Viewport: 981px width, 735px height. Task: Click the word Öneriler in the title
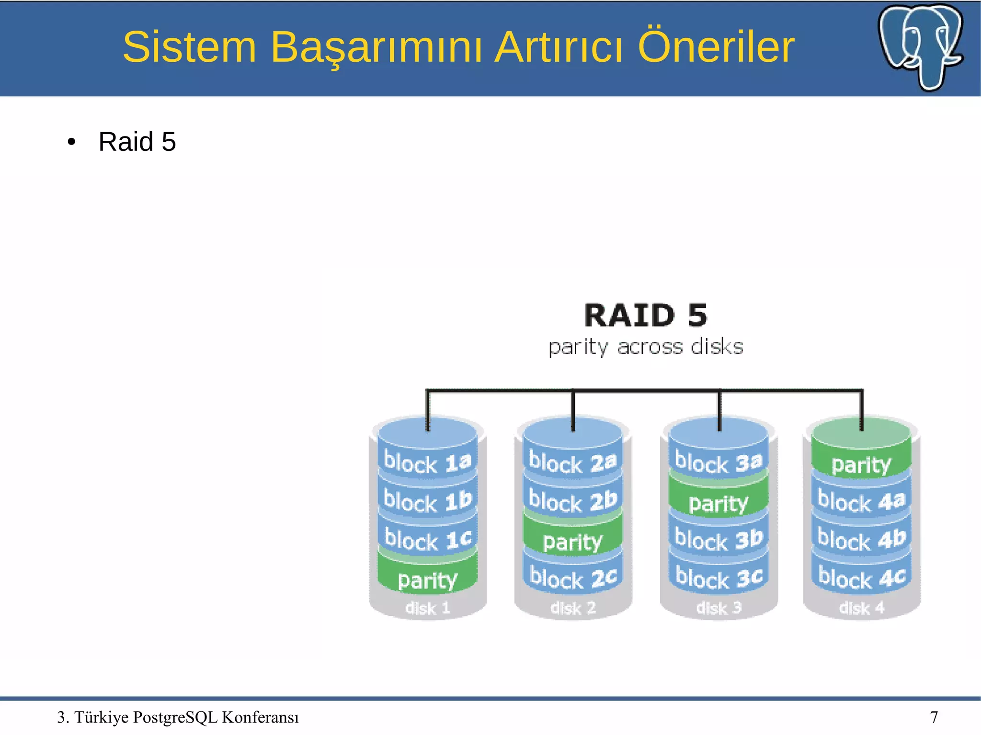716,47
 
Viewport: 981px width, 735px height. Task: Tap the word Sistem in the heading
190,47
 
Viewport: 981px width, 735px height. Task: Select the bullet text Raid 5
137,142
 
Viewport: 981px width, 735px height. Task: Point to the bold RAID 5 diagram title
646,316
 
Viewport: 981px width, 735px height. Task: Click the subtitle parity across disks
646,347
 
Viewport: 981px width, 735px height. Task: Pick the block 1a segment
428,463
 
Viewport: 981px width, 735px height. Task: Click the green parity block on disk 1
428,580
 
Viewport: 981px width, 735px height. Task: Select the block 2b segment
573,501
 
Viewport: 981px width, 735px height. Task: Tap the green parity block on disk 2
573,541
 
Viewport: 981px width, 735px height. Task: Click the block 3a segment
719,463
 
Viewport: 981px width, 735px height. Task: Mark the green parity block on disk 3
719,503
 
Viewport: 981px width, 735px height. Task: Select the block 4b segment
861,539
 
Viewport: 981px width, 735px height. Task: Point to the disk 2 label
573,608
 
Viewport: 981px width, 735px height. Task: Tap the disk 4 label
861,608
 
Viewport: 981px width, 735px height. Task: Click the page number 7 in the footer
934,717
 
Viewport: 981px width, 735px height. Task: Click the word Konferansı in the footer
260,717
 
